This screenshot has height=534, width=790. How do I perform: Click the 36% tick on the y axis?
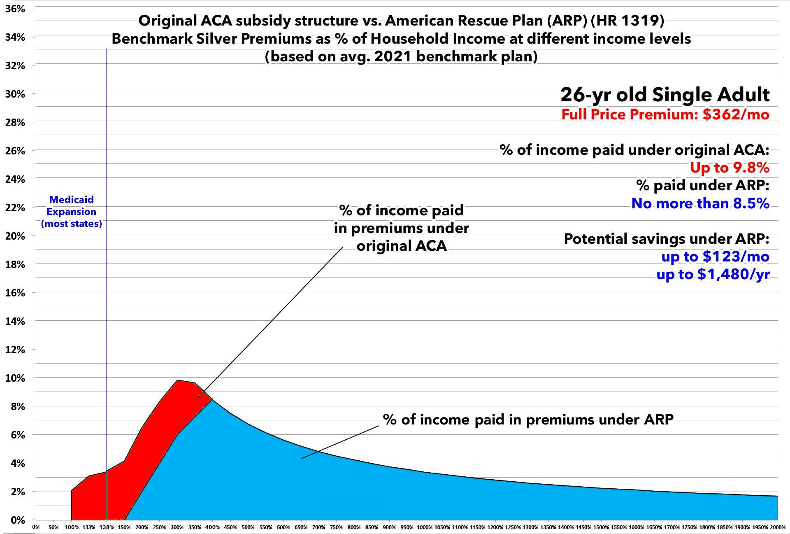coord(15,9)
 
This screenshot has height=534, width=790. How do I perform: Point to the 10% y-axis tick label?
coord(15,378)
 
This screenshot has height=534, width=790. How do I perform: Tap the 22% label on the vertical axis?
coord(15,208)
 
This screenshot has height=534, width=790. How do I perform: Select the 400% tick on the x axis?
coord(212,527)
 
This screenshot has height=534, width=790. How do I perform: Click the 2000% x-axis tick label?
coord(777,527)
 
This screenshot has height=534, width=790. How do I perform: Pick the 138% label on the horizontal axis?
coord(106,527)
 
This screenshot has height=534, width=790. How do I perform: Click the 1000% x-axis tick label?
coord(424,527)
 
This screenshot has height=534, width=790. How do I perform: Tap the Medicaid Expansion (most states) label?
coord(71,212)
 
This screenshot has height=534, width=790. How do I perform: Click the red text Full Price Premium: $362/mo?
coord(665,114)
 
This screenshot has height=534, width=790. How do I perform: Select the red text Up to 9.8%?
coord(729,168)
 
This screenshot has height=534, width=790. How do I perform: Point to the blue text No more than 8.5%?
coord(700,203)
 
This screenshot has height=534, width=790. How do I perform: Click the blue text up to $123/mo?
coord(715,257)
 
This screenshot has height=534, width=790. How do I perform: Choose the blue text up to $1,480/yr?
coord(712,274)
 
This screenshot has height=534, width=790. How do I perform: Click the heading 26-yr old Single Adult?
coord(665,95)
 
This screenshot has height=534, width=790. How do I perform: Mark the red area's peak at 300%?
coord(177,380)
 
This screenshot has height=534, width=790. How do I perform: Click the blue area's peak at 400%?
coord(212,400)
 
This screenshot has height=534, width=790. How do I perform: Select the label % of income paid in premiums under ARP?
coord(528,420)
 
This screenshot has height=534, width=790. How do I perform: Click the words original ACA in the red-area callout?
coord(401,246)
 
